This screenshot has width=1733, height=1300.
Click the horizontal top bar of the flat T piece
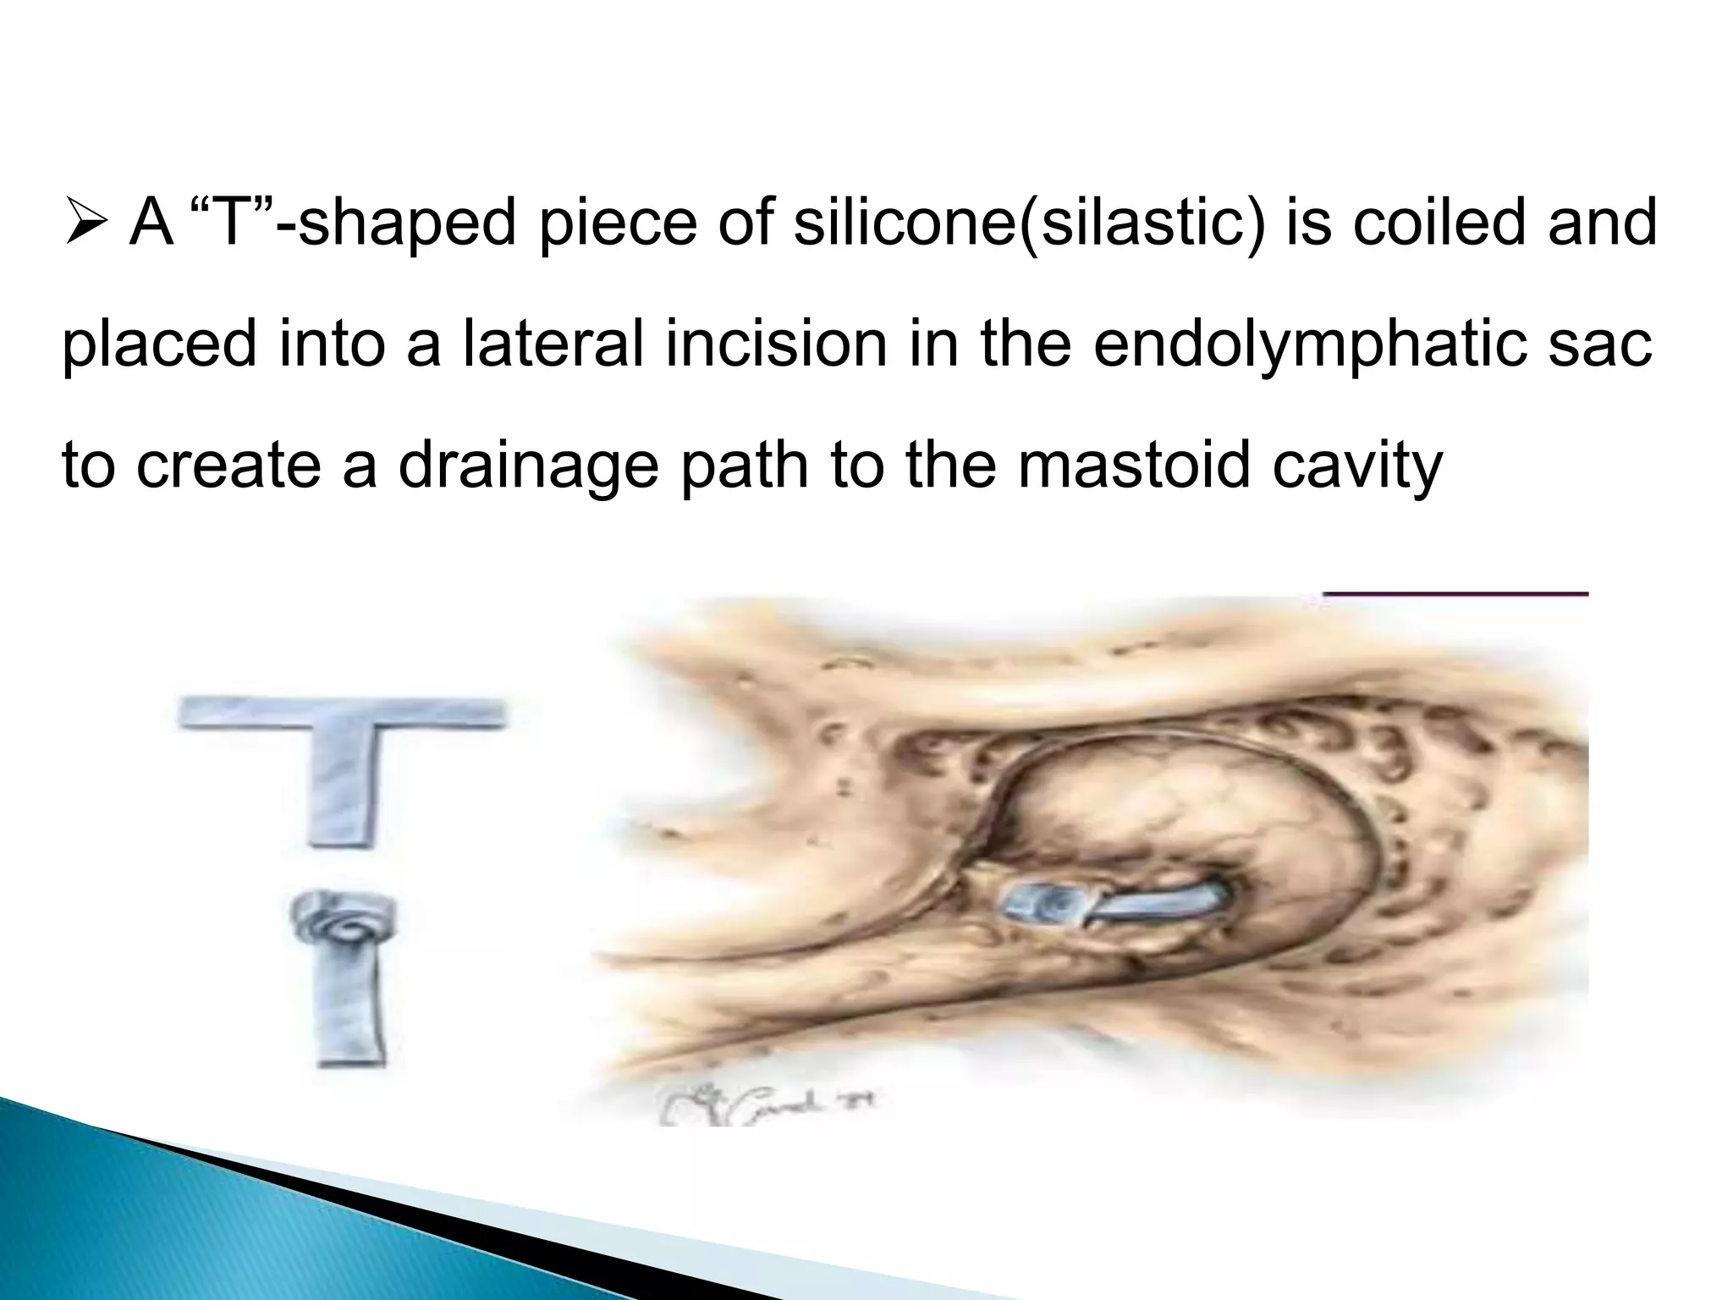(x=341, y=713)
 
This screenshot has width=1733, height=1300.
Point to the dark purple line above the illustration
(x=1455, y=593)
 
